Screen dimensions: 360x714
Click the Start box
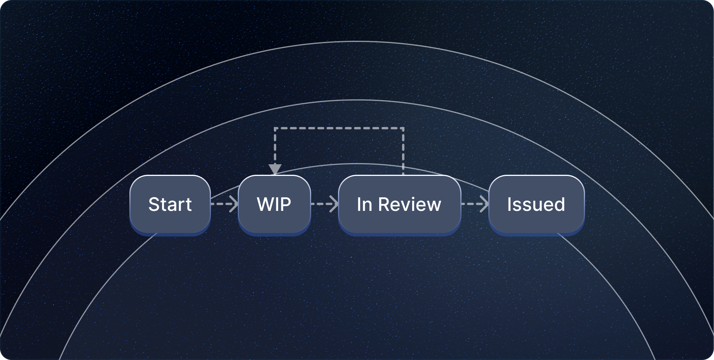[x=170, y=204]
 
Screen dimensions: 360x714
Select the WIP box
[x=274, y=204]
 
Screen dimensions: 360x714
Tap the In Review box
[x=399, y=204]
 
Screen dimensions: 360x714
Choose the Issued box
[x=536, y=204]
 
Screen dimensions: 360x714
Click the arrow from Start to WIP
[x=225, y=204]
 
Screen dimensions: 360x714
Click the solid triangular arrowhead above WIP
[x=275, y=169]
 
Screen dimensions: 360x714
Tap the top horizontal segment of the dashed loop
[x=339, y=128]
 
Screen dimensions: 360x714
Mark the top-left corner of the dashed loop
[x=275, y=128]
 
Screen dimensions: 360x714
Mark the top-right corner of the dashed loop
[x=403, y=128]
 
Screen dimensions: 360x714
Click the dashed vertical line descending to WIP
[x=275, y=148]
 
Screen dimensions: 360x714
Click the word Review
[x=409, y=204]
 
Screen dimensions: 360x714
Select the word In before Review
[x=364, y=204]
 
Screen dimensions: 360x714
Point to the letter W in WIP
[x=265, y=204]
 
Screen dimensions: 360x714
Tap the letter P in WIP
[x=286, y=204]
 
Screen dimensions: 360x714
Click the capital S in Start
[x=154, y=204]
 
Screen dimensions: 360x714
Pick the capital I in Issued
[x=509, y=204]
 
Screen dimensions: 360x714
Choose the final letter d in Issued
[x=560, y=204]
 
